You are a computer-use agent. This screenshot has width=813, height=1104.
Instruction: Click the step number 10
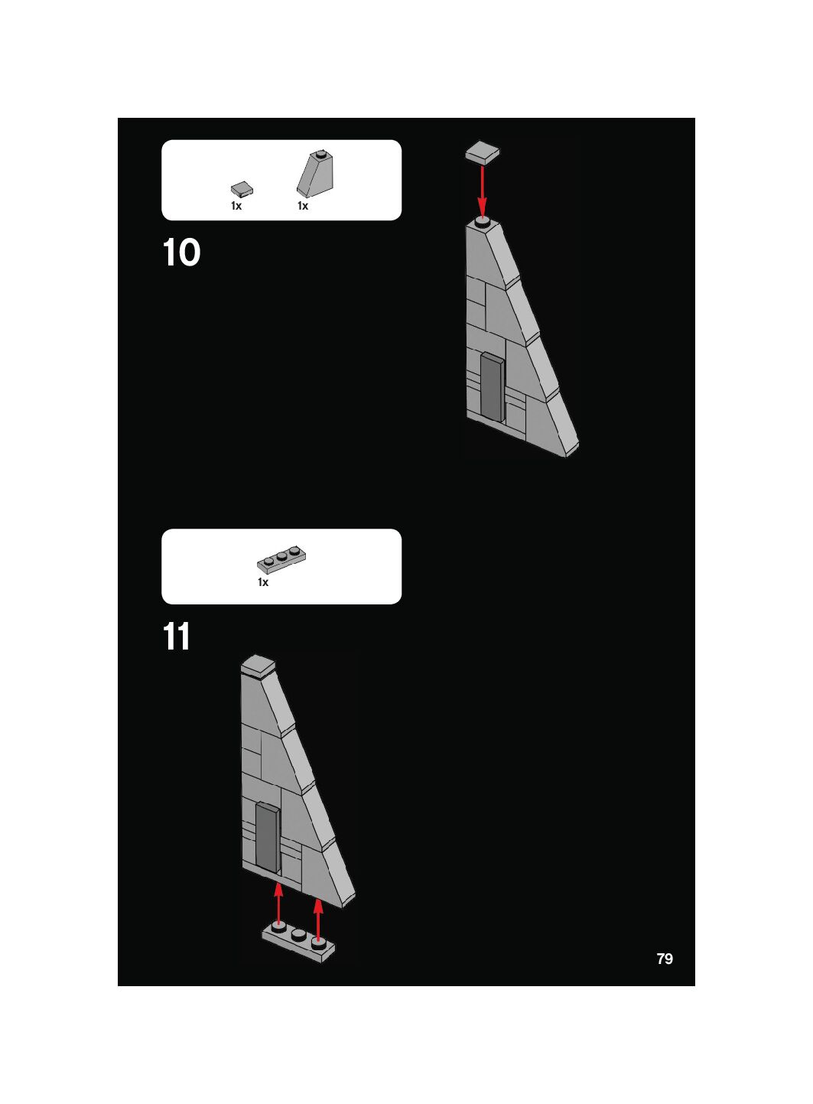tap(181, 252)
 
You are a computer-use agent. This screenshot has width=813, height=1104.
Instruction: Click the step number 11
tap(176, 637)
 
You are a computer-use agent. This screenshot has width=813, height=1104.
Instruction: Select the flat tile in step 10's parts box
tap(242, 189)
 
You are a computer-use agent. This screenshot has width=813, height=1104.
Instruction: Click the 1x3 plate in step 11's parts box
tap(281, 559)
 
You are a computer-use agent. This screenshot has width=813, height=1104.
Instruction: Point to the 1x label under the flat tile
tap(236, 206)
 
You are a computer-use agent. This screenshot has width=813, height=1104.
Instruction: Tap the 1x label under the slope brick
tap(303, 206)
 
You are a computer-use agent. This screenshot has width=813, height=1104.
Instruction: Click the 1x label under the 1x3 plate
tap(263, 582)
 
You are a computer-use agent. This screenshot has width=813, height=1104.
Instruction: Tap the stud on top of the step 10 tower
tap(483, 223)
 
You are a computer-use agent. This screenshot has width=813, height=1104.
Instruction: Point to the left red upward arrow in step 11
tap(279, 904)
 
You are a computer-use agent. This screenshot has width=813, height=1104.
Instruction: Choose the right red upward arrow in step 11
tap(318, 920)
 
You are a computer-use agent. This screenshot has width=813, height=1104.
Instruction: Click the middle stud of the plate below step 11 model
tap(298, 934)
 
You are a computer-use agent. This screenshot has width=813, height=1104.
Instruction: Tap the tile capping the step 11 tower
tap(259, 666)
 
